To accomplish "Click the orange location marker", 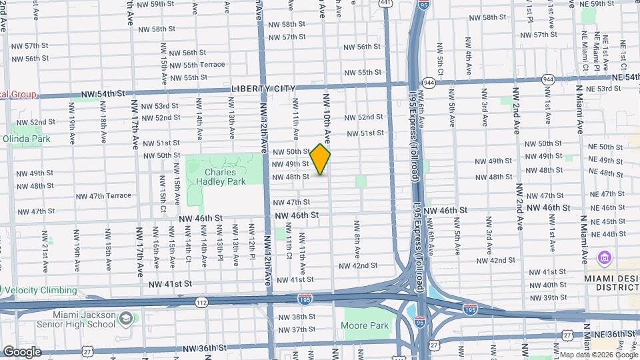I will pos(321,160).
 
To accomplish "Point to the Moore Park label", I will pos(364,326).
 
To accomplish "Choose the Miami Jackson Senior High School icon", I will pos(125,319).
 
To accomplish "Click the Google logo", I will pos(21,352).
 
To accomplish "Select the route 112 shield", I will pos(201,303).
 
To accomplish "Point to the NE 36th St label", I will pos(612,333).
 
